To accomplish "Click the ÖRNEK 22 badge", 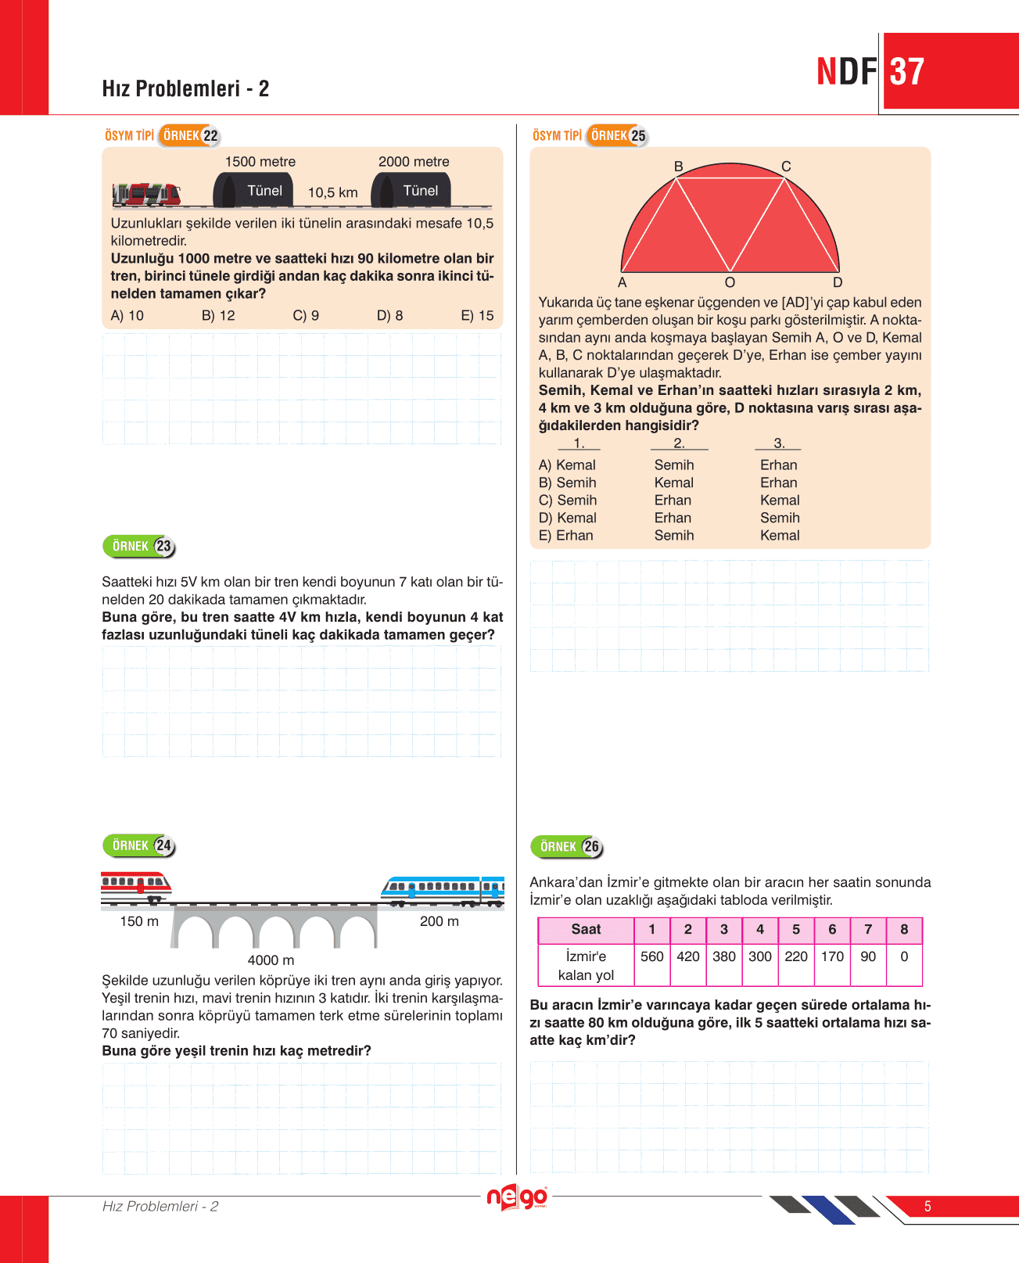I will (x=189, y=135).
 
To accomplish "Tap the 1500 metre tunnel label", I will (x=260, y=162).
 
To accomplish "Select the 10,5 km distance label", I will (x=332, y=192).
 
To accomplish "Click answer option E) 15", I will (x=477, y=315).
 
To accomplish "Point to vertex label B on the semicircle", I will (x=678, y=167).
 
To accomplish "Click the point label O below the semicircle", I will (x=730, y=282).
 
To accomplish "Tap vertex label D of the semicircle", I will (x=838, y=282).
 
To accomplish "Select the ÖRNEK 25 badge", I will (x=617, y=135).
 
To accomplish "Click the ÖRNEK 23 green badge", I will (x=139, y=546).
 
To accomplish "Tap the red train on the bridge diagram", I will (x=135, y=884).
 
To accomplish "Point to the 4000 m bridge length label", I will (x=271, y=960).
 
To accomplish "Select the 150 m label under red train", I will (x=139, y=921).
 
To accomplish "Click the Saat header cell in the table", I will (x=586, y=929).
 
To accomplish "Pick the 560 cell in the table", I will (x=651, y=956).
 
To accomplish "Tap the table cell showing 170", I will (x=832, y=956).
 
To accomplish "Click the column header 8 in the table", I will (x=904, y=929).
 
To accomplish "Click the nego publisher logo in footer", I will (x=516, y=1197).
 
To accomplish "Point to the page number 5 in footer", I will (x=928, y=1206).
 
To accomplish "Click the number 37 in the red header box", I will (x=907, y=72).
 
